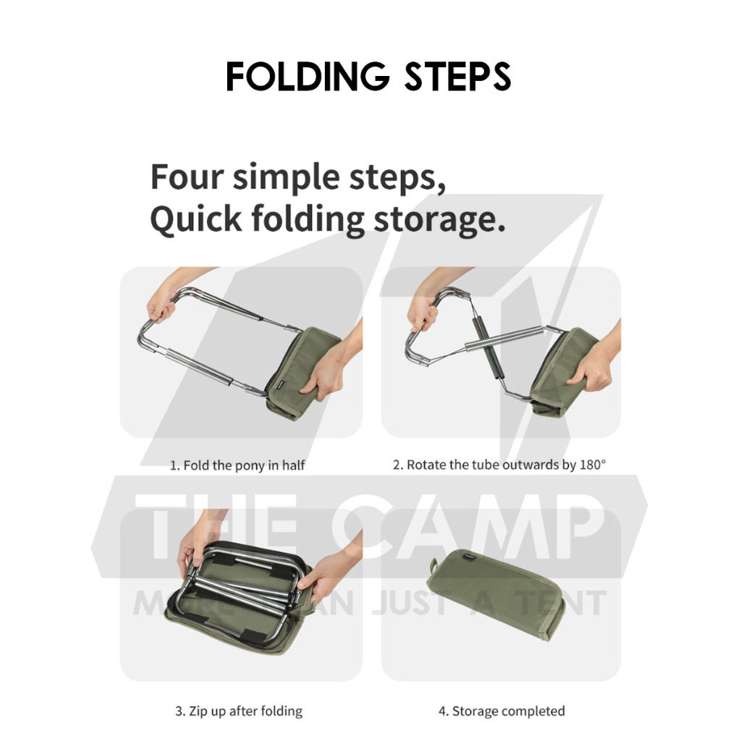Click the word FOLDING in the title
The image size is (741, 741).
click(x=308, y=76)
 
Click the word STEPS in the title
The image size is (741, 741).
click(x=457, y=76)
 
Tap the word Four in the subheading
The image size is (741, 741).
click(x=187, y=177)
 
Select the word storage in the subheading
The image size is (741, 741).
click(x=439, y=220)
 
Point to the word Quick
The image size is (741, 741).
click(x=196, y=219)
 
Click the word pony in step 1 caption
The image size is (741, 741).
click(x=250, y=465)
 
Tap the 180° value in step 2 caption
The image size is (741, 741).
click(x=592, y=465)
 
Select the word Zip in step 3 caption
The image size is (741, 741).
click(x=198, y=711)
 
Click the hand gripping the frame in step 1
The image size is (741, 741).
click(x=161, y=302)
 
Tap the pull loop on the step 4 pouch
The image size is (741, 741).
click(x=433, y=564)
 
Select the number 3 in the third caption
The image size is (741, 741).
click(x=179, y=711)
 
